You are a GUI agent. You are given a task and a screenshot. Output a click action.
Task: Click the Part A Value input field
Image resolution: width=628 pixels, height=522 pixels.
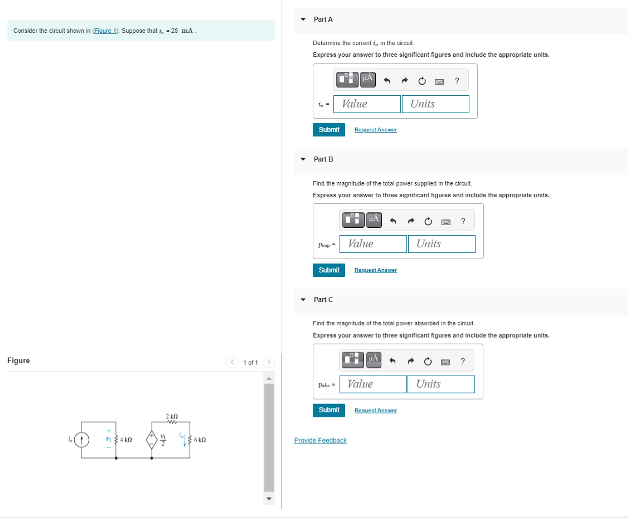(367, 104)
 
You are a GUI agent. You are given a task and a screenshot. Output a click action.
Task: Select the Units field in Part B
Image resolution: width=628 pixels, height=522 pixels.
(441, 244)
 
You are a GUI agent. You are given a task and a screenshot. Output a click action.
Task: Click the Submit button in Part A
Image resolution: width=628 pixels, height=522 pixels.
(329, 130)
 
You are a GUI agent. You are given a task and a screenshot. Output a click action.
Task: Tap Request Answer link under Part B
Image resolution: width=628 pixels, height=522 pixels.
(376, 270)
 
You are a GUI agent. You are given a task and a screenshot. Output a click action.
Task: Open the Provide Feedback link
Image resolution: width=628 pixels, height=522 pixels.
(320, 440)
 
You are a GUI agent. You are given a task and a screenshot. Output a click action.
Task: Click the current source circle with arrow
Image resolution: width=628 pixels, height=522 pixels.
(81, 440)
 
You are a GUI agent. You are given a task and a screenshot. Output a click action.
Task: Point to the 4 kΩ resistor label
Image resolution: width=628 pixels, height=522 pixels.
(126, 440)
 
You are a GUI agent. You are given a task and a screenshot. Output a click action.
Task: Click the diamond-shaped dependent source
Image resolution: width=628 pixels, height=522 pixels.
(152, 440)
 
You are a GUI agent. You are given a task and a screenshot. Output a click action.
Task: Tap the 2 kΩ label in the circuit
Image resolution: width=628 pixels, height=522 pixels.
(172, 416)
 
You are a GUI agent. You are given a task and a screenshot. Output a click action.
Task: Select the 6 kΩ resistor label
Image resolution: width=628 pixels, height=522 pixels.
(200, 440)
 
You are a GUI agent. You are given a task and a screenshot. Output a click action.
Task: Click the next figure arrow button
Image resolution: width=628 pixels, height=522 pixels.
(269, 362)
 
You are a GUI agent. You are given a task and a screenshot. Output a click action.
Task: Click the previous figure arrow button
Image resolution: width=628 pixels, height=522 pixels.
(232, 362)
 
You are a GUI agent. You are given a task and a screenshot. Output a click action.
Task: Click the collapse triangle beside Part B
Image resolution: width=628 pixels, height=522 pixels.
(303, 159)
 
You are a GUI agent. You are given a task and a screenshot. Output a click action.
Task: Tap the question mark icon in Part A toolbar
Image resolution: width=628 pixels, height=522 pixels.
(457, 81)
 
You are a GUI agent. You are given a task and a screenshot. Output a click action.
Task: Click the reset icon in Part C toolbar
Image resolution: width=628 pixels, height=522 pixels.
(428, 362)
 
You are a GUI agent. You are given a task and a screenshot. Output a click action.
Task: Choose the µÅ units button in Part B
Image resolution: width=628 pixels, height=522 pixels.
(374, 220)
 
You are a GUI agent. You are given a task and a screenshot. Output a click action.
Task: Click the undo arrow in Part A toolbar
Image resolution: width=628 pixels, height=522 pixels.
(387, 81)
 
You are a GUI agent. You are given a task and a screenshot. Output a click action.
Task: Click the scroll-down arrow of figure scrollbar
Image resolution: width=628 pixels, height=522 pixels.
(269, 499)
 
